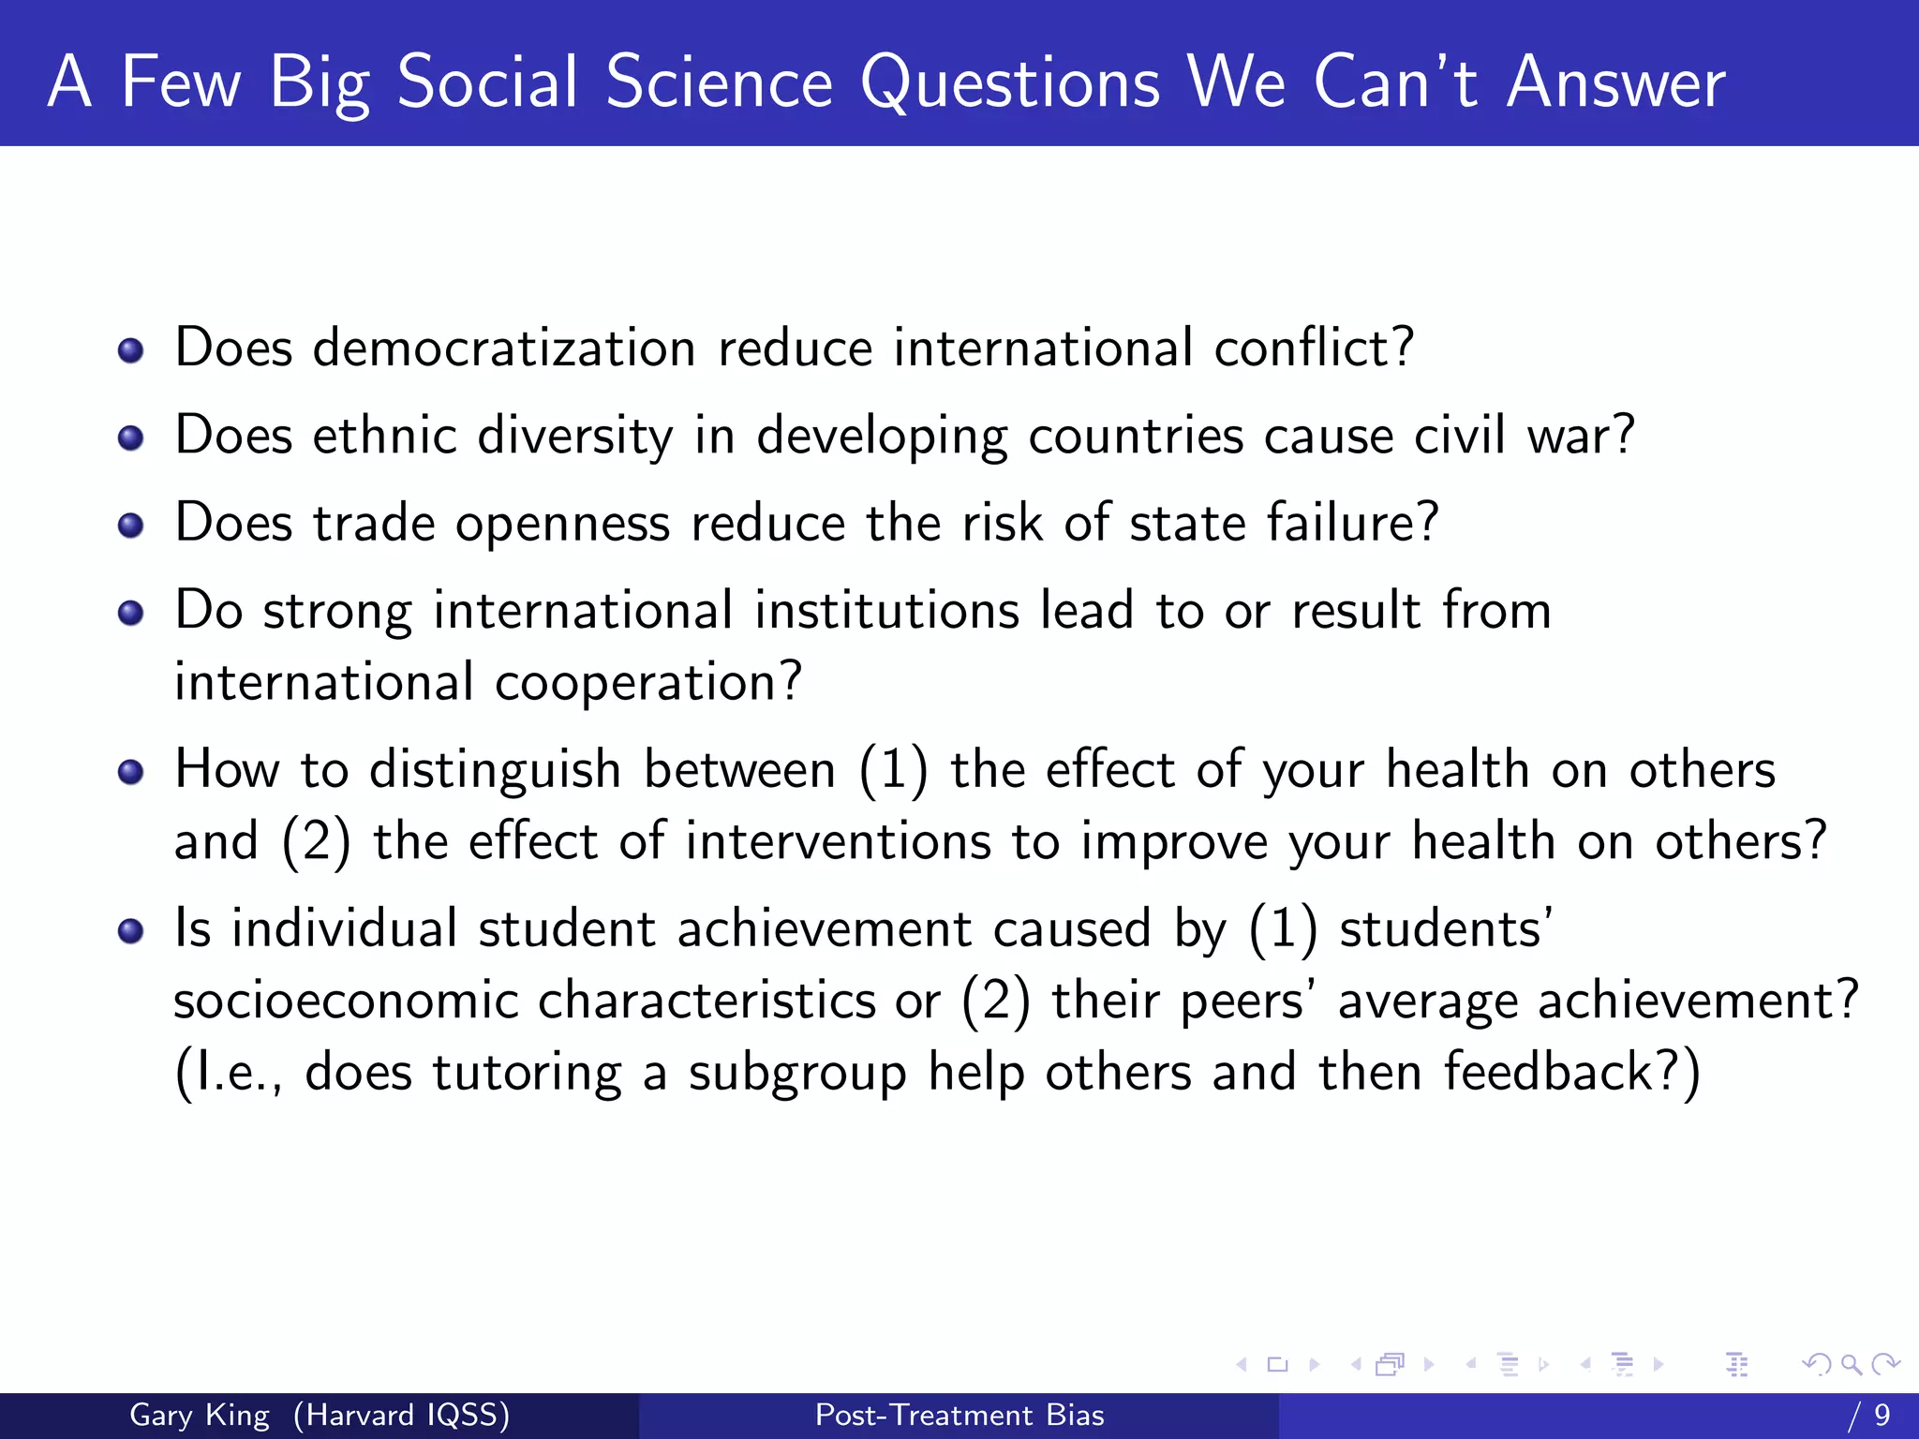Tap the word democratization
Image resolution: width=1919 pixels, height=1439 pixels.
point(504,349)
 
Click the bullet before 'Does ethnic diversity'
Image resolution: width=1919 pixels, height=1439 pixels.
point(131,438)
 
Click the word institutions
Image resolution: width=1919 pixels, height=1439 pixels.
point(886,611)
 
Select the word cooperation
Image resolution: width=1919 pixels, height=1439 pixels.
point(647,682)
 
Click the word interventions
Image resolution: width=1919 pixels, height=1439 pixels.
point(838,841)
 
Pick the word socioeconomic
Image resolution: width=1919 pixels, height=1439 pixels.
point(346,1001)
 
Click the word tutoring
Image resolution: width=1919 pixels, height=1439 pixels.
point(527,1073)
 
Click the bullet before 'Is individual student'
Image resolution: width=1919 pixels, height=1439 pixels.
point(131,931)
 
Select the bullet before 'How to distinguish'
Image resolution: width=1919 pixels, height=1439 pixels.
point(131,772)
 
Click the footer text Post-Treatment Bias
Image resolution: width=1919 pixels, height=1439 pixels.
point(959,1415)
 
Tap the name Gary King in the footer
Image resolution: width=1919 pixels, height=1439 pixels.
point(200,1415)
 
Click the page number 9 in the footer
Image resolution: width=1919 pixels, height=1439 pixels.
point(1882,1415)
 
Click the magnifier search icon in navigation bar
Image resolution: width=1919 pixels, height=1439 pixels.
point(1851,1364)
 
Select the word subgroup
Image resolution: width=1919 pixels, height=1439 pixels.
point(797,1073)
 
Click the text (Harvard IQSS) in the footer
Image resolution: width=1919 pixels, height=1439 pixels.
point(401,1415)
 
